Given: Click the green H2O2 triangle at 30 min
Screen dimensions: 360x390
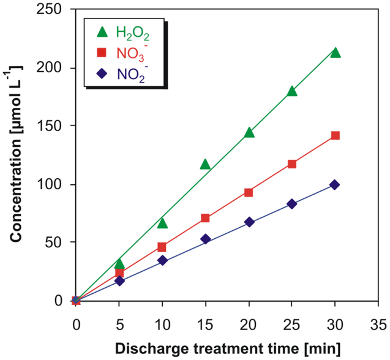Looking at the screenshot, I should [335, 53].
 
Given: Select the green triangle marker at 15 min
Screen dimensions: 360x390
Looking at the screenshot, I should [205, 165].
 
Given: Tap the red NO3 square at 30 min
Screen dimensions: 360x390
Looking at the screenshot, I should [335, 135].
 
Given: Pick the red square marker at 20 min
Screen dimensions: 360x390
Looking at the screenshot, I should [249, 192].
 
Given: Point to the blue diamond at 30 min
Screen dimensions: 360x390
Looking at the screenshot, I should [334, 185].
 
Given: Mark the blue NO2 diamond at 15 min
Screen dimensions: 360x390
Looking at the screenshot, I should [205, 239].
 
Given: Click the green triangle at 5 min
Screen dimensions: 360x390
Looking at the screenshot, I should [119, 264].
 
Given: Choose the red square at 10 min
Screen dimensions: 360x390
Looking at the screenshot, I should [162, 247].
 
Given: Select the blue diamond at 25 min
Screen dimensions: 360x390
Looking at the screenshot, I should [291, 204].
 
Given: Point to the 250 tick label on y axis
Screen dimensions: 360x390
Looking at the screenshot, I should [49, 10].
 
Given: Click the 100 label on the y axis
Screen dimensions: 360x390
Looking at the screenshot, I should [49, 184].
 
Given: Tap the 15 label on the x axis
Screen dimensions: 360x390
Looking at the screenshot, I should [205, 323].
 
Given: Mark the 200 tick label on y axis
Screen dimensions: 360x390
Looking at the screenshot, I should [49, 69].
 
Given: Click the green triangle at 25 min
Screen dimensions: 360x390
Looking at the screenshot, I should [291, 91].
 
